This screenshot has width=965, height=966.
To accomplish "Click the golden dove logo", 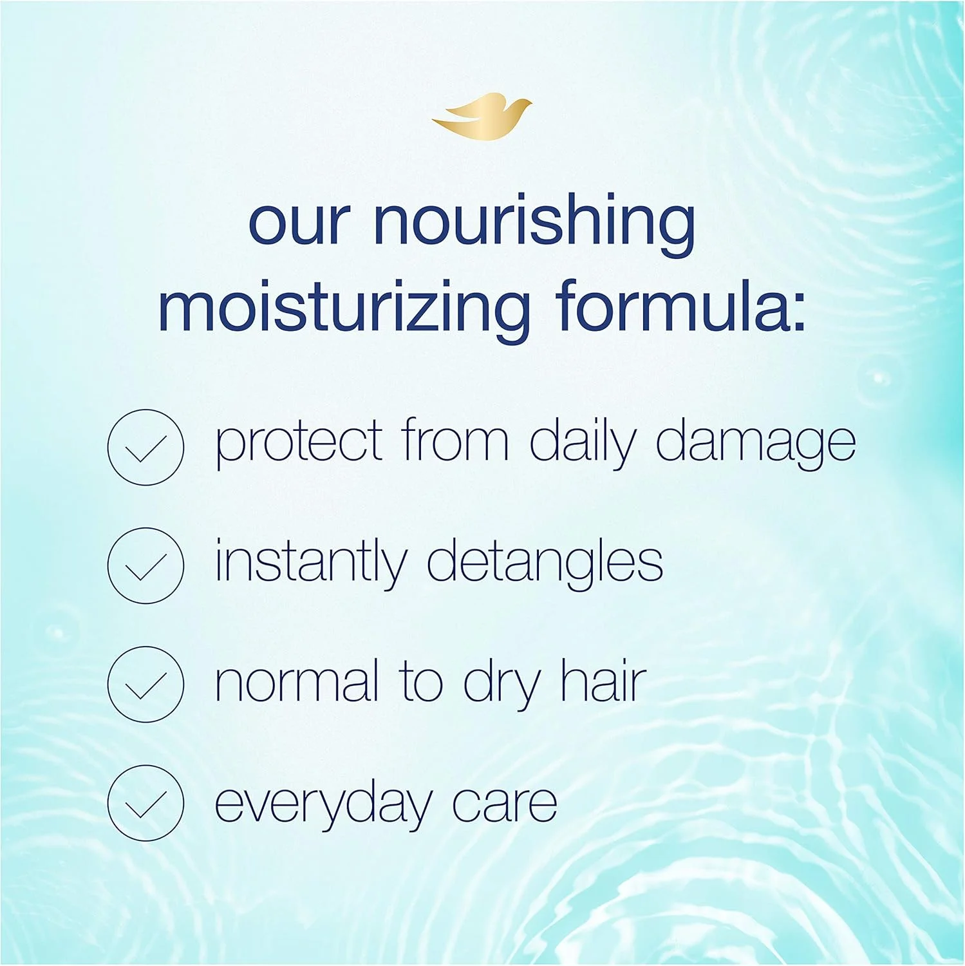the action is point(482,114).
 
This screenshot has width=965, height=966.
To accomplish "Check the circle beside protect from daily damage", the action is point(145,447).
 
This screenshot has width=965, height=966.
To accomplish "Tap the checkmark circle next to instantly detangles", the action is point(145,565).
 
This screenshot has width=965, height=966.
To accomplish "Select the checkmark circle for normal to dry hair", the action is point(145,684).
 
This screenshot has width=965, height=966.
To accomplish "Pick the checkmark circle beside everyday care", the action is point(145,802).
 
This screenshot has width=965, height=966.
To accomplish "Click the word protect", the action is point(299,444).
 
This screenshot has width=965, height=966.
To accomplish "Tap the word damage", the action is point(756,444).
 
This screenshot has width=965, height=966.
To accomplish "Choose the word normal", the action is point(297,681).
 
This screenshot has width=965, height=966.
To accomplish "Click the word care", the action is point(505,805).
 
